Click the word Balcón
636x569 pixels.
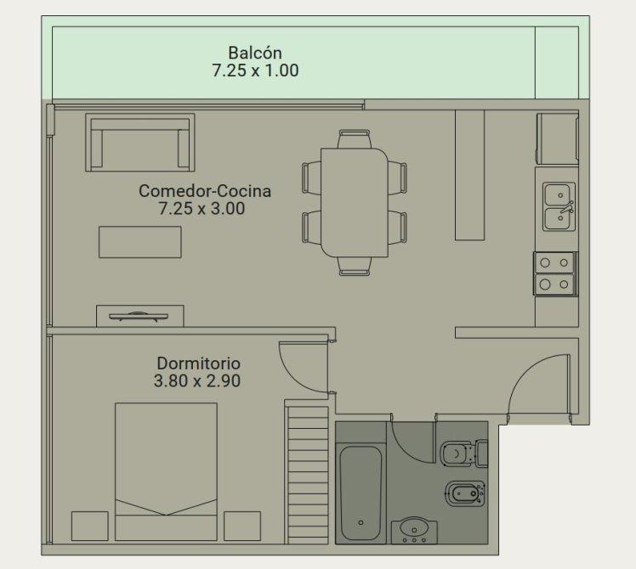click(255, 53)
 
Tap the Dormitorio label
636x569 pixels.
click(198, 363)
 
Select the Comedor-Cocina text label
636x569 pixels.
click(205, 190)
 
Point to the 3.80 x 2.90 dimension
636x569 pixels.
click(197, 381)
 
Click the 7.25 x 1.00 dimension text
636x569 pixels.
click(255, 70)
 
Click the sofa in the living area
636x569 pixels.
click(140, 143)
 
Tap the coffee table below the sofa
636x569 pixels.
click(140, 242)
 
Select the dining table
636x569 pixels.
click(355, 203)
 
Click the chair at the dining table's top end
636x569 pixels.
click(355, 138)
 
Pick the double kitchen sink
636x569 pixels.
click(559, 206)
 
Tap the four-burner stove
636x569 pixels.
click(555, 273)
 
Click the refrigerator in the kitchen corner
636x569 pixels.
click(558, 138)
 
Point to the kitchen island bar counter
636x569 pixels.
click(469, 175)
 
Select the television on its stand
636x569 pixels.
click(139, 316)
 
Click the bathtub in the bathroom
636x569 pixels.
click(361, 493)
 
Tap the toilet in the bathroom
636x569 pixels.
click(463, 454)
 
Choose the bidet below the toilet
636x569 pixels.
click(465, 493)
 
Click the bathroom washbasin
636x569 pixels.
click(414, 530)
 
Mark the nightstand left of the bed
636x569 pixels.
click(89, 526)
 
